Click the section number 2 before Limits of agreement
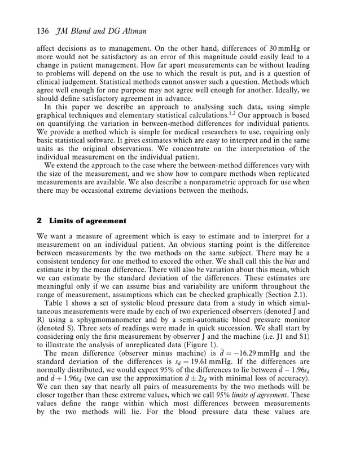click(38, 220)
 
